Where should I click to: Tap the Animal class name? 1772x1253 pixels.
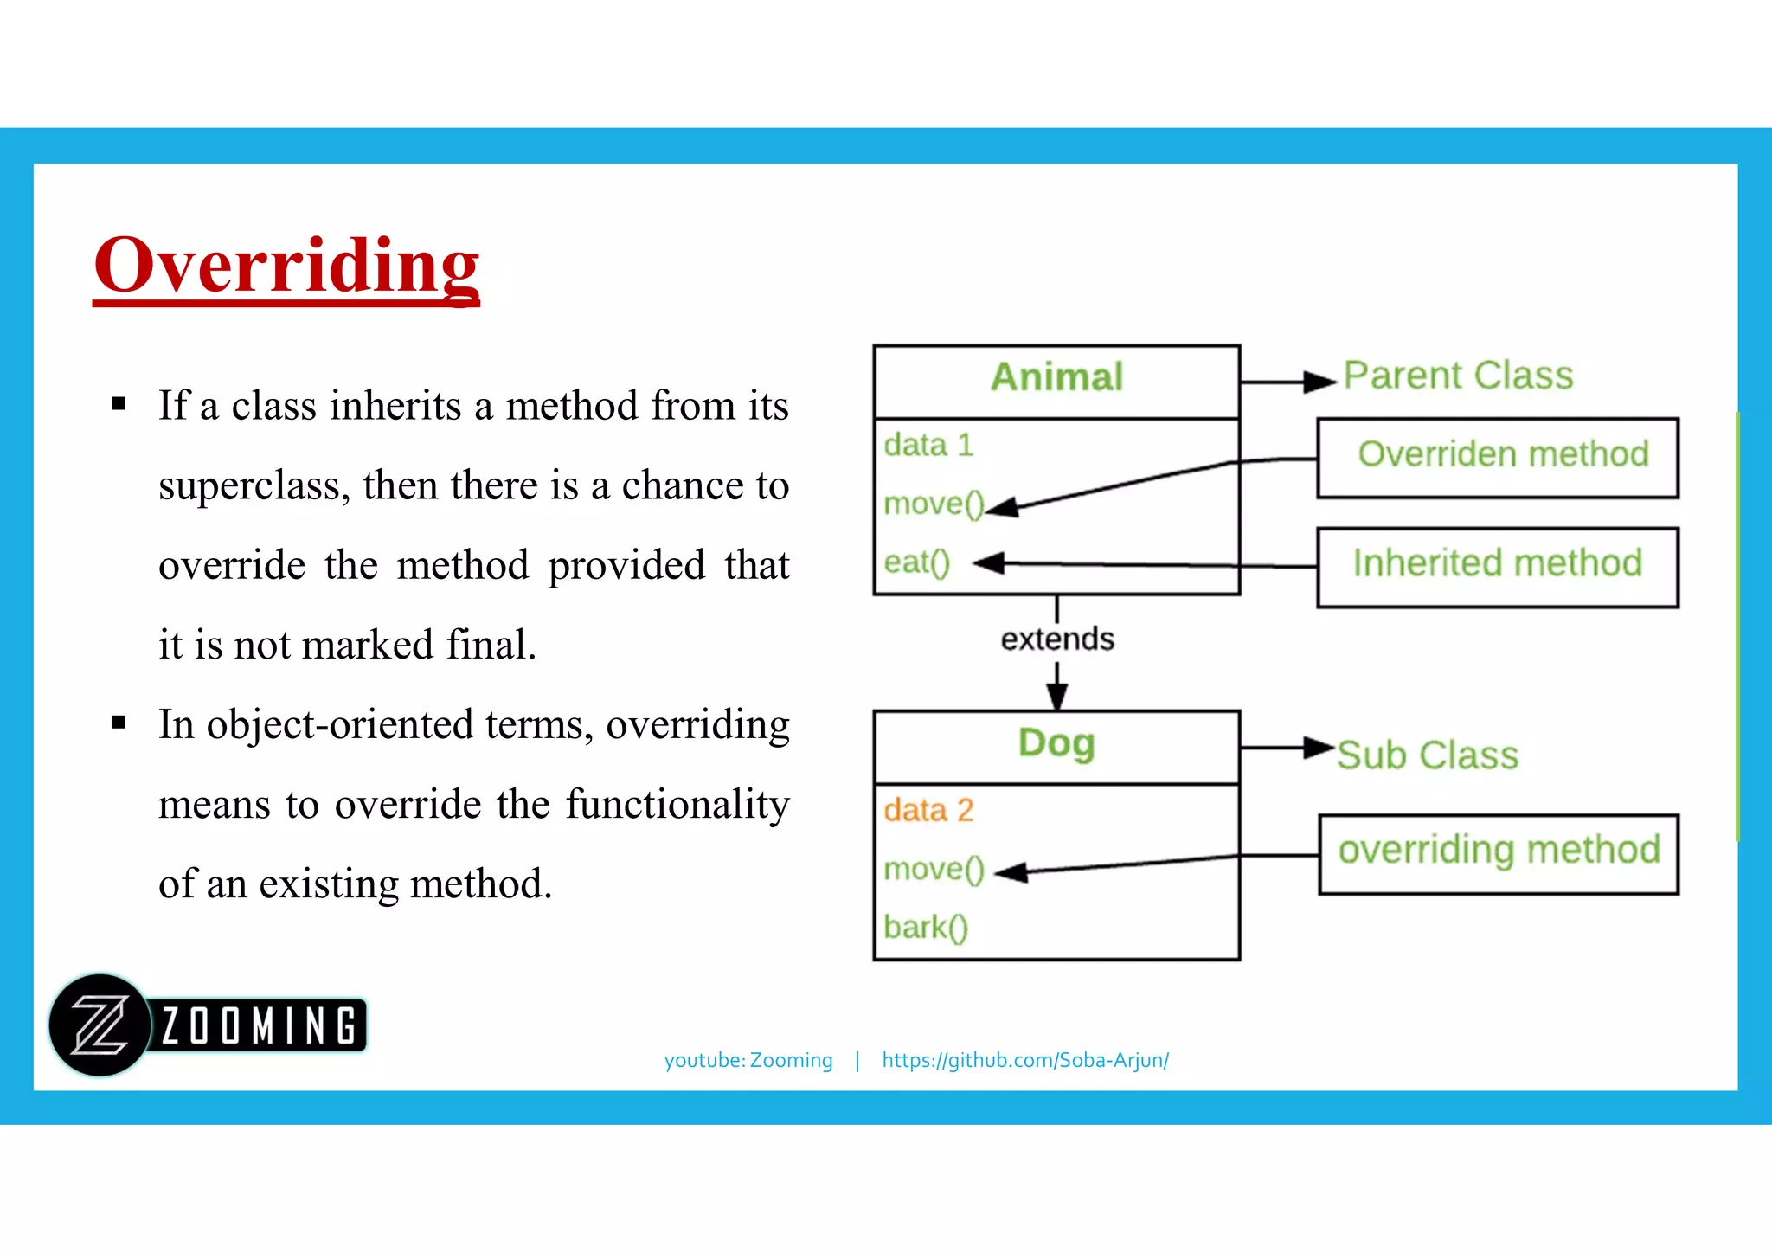coord(1056,377)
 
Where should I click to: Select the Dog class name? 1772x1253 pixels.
coord(1056,743)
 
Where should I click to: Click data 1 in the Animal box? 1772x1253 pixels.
coord(928,446)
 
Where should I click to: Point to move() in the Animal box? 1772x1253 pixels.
coord(933,504)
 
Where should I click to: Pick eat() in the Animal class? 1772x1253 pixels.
coord(916,562)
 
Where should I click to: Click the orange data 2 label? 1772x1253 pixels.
coord(928,811)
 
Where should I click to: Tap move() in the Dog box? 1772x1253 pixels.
coord(934,869)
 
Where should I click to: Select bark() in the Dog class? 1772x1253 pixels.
coord(925,928)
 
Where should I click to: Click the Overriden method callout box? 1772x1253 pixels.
coord(1498,457)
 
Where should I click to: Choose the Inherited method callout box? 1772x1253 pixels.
coord(1498,566)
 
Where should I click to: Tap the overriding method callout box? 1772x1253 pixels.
coord(1499,853)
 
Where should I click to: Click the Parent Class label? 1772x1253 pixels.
coord(1458,376)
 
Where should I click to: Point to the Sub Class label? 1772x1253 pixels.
coord(1428,755)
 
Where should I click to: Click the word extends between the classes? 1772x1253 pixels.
coord(1057,639)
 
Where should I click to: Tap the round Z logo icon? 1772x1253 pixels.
coord(100,1025)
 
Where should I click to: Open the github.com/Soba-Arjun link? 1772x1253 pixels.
coord(1025,1060)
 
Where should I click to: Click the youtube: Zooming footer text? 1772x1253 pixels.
coord(748,1060)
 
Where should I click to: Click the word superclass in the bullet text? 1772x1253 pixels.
coord(254,485)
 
